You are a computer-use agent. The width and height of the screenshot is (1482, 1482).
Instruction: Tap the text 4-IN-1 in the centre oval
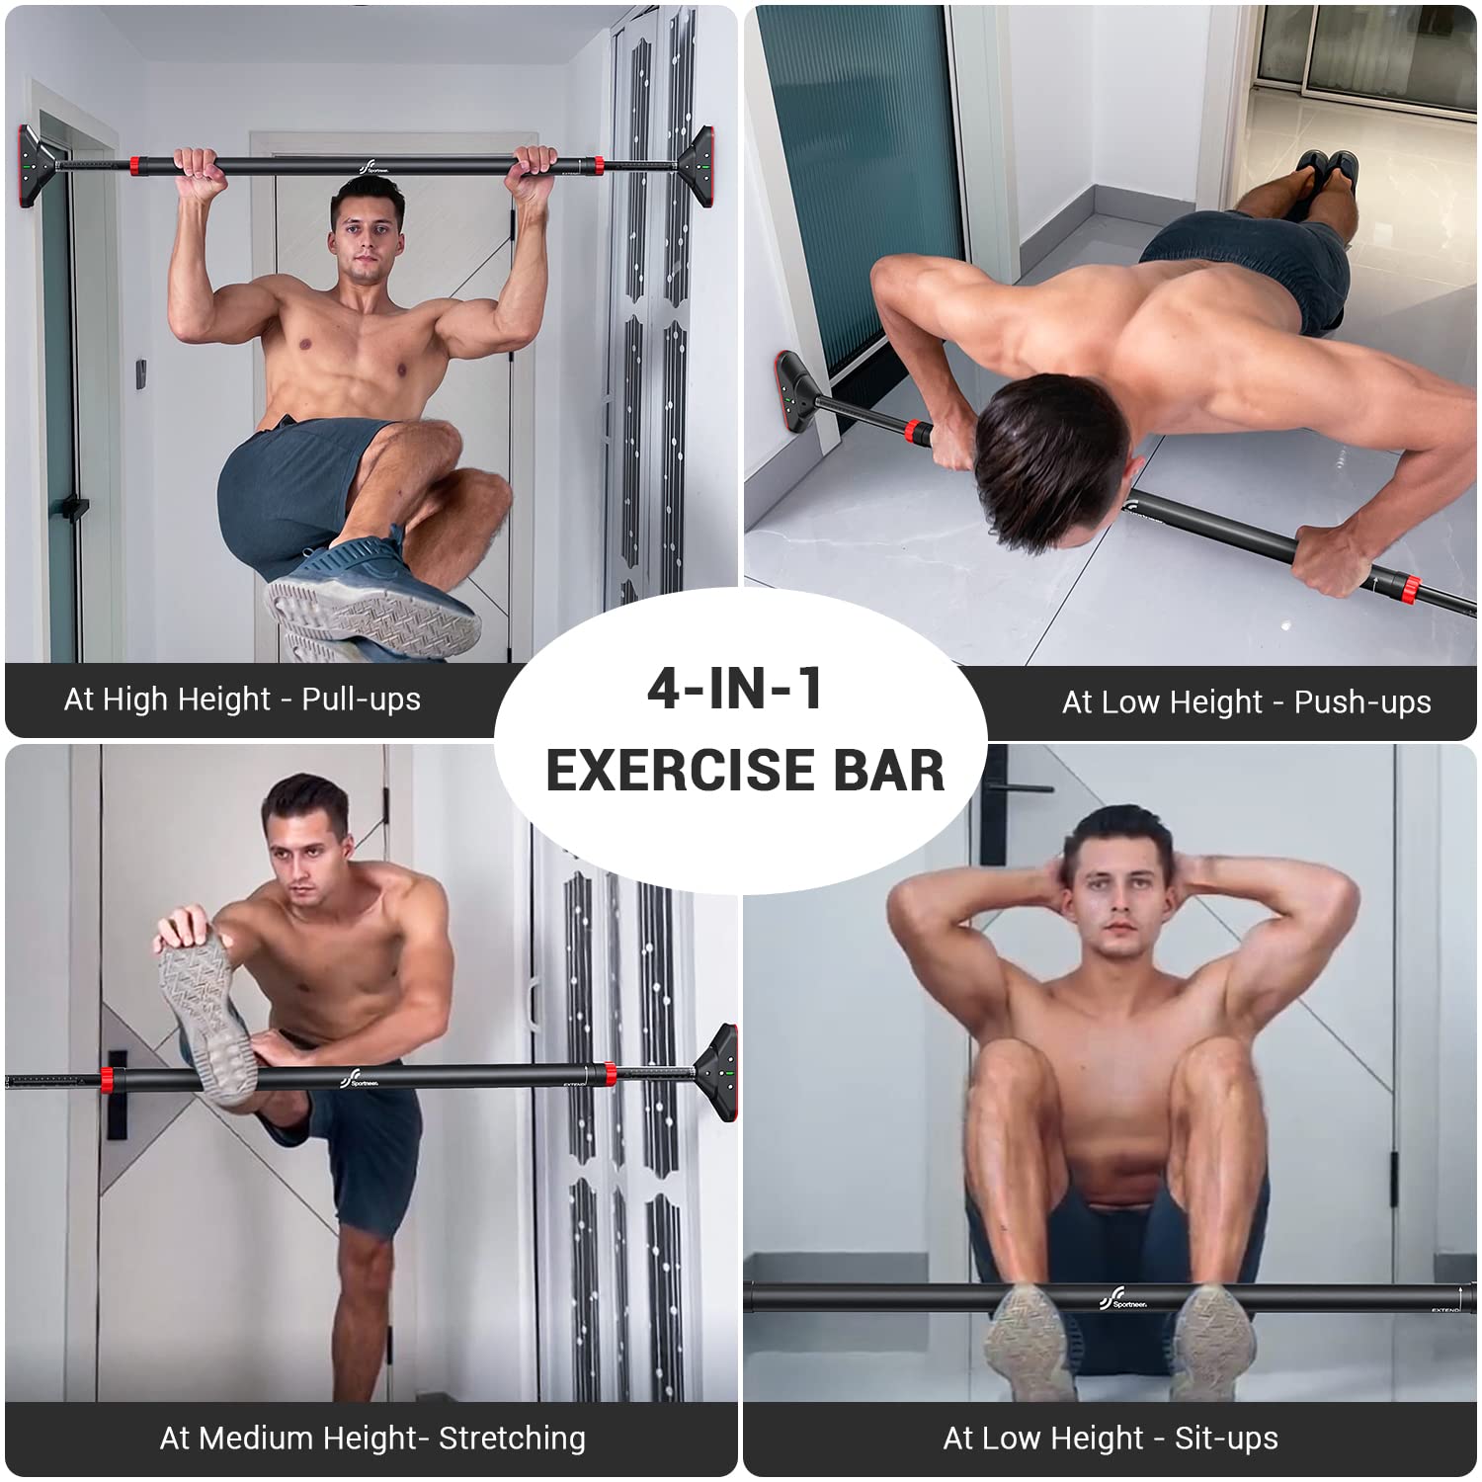click(735, 689)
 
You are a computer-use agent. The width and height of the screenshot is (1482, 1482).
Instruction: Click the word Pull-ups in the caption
click(362, 700)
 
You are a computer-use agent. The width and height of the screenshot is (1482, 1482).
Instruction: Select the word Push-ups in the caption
click(1362, 702)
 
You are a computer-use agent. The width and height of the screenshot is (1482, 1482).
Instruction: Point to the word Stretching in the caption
click(512, 1439)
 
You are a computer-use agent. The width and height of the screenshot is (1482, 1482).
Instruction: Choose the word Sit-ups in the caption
click(1226, 1439)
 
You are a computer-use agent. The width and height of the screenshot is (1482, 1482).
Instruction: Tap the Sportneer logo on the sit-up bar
click(1124, 1298)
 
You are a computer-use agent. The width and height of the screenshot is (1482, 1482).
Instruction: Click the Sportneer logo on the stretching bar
click(360, 1078)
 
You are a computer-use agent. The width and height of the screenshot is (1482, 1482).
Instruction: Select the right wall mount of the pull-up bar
click(695, 164)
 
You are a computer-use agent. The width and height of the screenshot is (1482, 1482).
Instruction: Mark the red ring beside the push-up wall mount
click(916, 433)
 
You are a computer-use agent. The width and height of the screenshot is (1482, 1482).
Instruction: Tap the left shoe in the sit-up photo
click(1032, 1342)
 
